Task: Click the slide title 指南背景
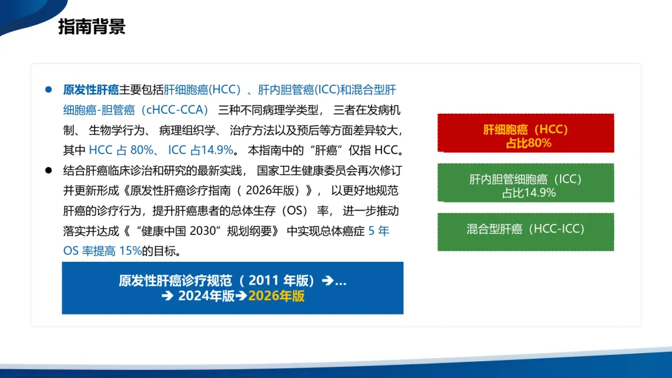[91, 27]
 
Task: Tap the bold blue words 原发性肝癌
[91, 90]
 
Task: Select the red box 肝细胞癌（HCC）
[526, 133]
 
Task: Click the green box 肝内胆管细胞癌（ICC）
[526, 183]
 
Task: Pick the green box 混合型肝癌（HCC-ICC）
[526, 232]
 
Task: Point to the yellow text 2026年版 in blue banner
[276, 296]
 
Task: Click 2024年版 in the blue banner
[206, 296]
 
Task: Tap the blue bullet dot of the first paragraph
[49, 90]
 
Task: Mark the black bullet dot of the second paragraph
[49, 170]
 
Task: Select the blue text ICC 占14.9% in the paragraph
[200, 150]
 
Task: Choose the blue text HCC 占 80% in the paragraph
[121, 150]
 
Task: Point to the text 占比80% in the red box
[528, 143]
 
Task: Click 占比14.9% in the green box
[529, 193]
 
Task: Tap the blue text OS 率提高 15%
[103, 251]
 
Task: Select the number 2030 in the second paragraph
[202, 231]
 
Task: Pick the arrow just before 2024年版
[167, 296]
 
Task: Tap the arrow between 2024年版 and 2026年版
[241, 296]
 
